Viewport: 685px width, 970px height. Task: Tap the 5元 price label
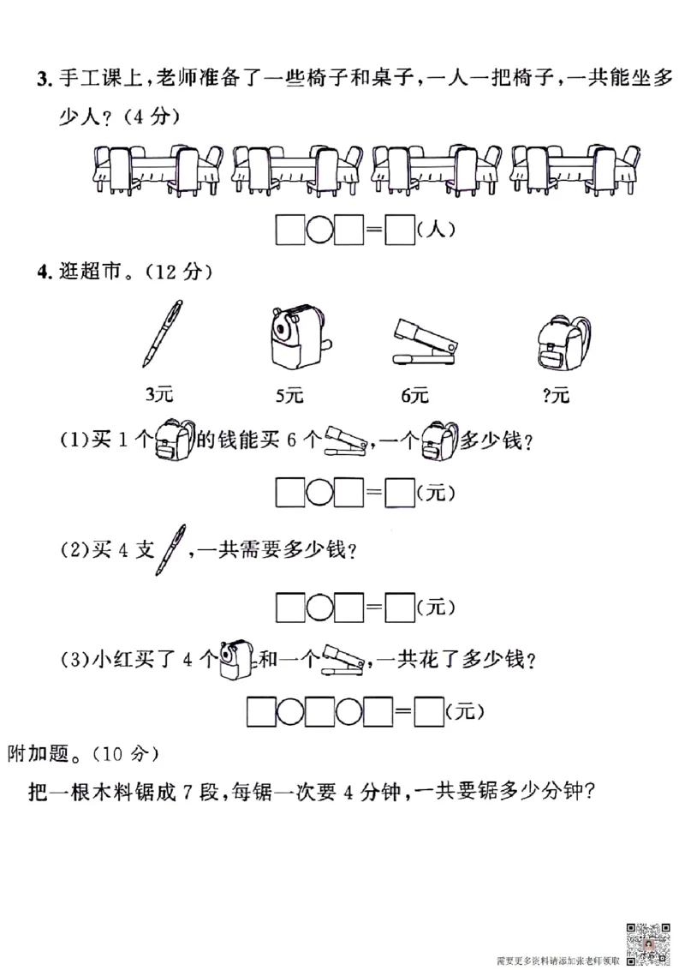pyautogui.click(x=289, y=395)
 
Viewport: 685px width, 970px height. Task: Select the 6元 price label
pyautogui.click(x=414, y=395)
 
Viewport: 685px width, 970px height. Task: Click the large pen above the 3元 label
pyautogui.click(x=164, y=333)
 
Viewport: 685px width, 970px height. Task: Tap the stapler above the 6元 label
pyautogui.click(x=422, y=340)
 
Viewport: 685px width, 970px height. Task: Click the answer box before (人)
pyautogui.click(x=400, y=229)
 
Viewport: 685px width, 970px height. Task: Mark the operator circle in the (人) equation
pyautogui.click(x=319, y=230)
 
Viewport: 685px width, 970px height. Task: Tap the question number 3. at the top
pyautogui.click(x=42, y=81)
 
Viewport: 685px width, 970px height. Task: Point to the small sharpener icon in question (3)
pyautogui.click(x=236, y=658)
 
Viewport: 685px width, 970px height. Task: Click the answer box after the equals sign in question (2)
pyautogui.click(x=400, y=607)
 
